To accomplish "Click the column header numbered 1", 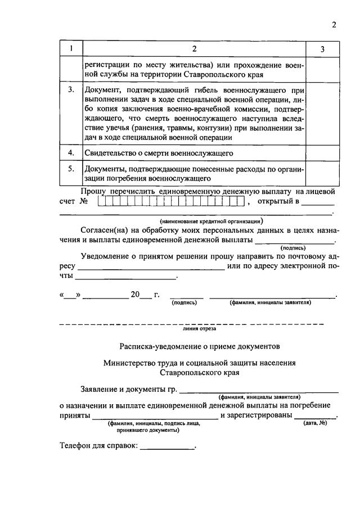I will [x=71, y=49].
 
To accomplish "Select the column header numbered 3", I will [x=322, y=49].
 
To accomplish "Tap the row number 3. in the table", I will [x=71, y=90].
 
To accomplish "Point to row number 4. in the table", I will [x=71, y=152].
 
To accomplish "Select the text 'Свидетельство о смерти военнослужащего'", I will [x=159, y=153].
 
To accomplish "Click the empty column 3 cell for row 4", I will [x=322, y=152].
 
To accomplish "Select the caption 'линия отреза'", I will [x=191, y=329].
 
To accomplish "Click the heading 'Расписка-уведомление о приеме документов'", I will [x=199, y=346].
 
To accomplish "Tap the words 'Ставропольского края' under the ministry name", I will [x=199, y=372].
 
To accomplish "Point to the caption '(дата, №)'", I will [x=315, y=422].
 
